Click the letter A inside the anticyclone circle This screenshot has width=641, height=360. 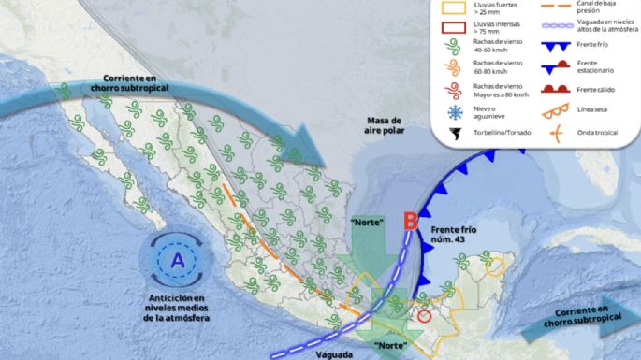177,259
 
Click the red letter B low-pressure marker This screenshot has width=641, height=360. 409,223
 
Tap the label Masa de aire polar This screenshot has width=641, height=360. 384,127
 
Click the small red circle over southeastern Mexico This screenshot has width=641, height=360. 425,317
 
